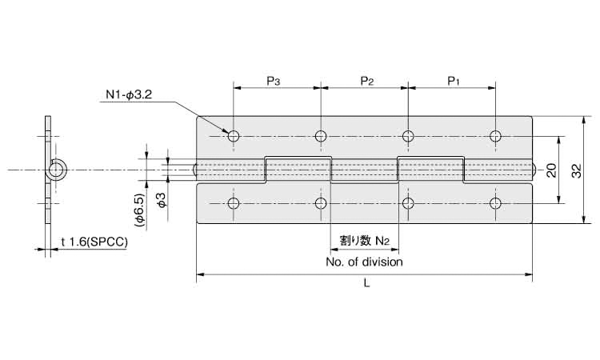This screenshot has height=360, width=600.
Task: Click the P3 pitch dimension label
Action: tap(273, 81)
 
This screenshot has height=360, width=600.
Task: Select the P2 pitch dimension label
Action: tap(367, 81)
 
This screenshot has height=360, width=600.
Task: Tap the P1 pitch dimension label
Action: tap(454, 81)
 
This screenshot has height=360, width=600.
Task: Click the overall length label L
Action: tap(365, 283)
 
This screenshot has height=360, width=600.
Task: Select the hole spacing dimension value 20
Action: tap(550, 170)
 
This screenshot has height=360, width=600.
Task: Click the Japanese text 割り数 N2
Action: tap(364, 239)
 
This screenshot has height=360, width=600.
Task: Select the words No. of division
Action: tap(364, 261)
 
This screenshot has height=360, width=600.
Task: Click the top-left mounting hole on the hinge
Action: tap(234, 136)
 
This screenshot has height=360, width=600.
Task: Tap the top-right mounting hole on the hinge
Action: tap(496, 136)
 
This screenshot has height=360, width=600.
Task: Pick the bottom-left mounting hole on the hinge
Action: tap(234, 203)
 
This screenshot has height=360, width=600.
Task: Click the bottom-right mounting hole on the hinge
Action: tap(496, 203)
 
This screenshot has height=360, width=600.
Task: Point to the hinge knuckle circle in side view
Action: tap(60, 170)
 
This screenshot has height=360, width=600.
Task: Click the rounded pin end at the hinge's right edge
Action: tap(534, 170)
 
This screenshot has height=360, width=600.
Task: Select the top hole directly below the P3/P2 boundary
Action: tap(321, 136)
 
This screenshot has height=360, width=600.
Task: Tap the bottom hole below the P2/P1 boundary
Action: tap(408, 203)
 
